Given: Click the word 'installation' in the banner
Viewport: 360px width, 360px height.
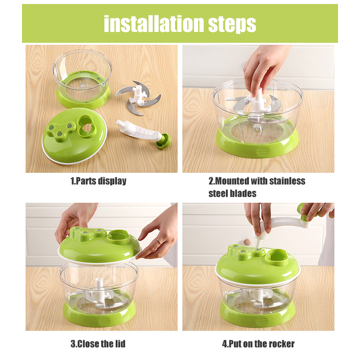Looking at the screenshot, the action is click(x=154, y=24).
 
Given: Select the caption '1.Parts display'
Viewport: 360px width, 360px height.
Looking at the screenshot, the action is click(x=99, y=181).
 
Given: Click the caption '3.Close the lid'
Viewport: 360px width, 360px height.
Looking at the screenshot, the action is click(x=98, y=344).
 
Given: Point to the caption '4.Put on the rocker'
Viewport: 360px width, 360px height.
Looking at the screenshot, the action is click(x=258, y=344).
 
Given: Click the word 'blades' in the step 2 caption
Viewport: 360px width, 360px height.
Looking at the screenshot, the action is click(x=243, y=193).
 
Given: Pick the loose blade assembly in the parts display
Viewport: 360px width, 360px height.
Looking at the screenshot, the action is click(x=138, y=97).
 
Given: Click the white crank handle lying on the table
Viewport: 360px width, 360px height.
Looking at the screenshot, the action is click(x=138, y=130).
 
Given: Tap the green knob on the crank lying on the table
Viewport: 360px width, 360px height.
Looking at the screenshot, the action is click(x=164, y=141).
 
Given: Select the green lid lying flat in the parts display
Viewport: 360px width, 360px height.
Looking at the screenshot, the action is click(x=74, y=136).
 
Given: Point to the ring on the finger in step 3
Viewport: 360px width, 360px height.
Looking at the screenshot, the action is click(x=159, y=241).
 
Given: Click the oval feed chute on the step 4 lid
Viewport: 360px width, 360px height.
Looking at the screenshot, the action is click(x=277, y=258).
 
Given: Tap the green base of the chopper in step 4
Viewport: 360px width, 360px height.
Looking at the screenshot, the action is click(x=257, y=313).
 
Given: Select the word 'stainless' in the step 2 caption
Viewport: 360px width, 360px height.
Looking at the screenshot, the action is click(x=287, y=181).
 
